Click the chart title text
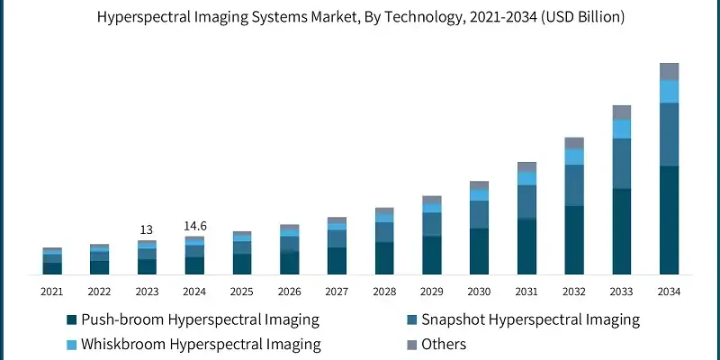point(360,17)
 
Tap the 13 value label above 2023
point(147,230)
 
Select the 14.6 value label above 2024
point(194,227)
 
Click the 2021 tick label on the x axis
point(51,292)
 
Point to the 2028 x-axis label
point(384,292)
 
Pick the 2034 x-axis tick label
point(669,292)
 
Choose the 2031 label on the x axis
point(526,292)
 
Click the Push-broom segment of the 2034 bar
point(669,220)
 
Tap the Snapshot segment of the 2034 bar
point(669,134)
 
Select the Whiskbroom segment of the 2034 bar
point(669,91)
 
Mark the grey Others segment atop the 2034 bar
point(669,71)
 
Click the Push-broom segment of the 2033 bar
point(621,231)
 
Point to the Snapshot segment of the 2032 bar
point(574,185)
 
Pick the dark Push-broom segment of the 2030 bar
point(479,251)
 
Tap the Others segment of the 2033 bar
point(621,112)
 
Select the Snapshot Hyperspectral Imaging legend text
point(530,319)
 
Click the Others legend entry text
point(445,345)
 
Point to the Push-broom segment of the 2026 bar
point(289,262)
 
